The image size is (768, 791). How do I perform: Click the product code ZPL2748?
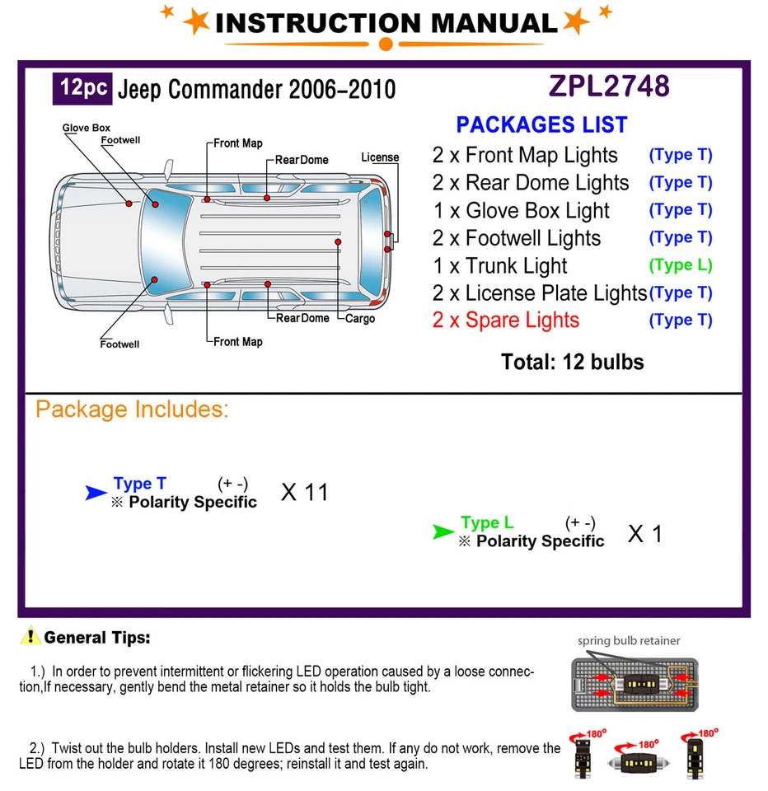click(609, 87)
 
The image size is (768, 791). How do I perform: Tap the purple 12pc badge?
click(82, 87)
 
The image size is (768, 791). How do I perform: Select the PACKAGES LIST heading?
click(541, 125)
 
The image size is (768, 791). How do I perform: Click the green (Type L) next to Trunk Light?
click(681, 265)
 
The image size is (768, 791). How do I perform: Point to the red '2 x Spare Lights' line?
click(506, 321)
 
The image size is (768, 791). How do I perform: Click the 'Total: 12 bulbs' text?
click(572, 362)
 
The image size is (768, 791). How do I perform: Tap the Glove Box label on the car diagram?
click(86, 128)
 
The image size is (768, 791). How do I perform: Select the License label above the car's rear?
click(380, 157)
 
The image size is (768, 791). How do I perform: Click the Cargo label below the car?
click(360, 319)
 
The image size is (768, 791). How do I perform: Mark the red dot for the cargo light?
click(338, 243)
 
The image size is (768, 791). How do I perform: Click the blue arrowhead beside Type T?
click(96, 494)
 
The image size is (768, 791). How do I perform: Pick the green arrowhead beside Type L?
click(443, 533)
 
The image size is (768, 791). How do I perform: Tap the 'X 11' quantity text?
click(304, 493)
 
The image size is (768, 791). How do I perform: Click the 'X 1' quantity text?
click(645, 534)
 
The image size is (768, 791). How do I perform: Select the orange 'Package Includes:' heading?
click(132, 410)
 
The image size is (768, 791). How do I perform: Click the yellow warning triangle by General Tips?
click(30, 636)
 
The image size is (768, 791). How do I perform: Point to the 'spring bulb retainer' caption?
click(629, 640)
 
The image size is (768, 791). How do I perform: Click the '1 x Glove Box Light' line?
click(522, 211)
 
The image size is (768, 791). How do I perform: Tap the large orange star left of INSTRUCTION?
click(197, 21)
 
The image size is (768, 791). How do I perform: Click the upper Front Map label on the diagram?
click(238, 143)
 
